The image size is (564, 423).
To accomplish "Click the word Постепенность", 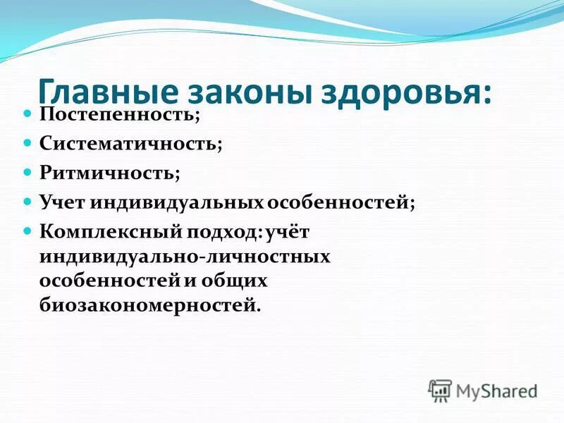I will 119,113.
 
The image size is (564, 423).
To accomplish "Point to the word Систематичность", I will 130,143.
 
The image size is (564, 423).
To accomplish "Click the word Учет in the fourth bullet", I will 62,202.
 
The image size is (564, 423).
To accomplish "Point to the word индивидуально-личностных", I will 185,256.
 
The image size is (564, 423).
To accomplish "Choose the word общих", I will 241,281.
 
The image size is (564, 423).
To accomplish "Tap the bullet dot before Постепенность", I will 29,112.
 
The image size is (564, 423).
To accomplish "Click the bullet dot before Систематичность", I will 29,142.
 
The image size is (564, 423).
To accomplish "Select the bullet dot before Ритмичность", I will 29,172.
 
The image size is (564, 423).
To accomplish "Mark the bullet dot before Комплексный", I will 29,231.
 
